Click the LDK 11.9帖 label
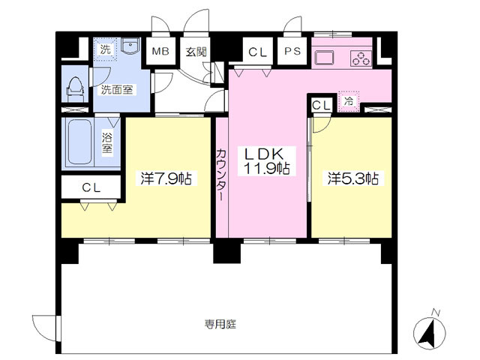pos(267,161)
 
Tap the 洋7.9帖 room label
pos(166,178)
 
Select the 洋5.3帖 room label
pos(353,178)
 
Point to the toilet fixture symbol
pos(75,89)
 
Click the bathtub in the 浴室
pos(80,142)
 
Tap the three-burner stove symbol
pos(361,58)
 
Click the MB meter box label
pos(160,51)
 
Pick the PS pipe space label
pos(292,51)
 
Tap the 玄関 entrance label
pos(196,52)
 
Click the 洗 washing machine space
pos(105,49)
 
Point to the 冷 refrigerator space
pos(348,101)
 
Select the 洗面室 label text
pos(117,90)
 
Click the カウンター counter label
pos(221,175)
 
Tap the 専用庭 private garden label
pos(220,324)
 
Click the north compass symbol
pos(430,333)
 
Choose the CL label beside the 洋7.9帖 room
pos(91,187)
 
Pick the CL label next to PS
pos(258,52)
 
